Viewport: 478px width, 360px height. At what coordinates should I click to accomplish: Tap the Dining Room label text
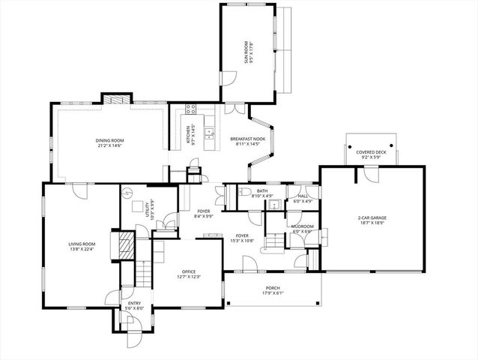[109, 140]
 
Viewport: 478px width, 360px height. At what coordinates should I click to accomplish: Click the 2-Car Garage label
[372, 218]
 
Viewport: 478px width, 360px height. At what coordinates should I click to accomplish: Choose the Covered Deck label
[372, 153]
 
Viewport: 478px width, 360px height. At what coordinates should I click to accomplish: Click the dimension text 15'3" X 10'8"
[241, 240]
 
